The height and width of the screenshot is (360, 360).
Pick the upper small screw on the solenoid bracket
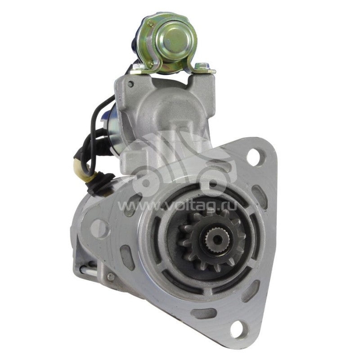[x=151, y=23]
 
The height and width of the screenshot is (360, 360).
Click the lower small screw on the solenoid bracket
[x=150, y=64]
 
